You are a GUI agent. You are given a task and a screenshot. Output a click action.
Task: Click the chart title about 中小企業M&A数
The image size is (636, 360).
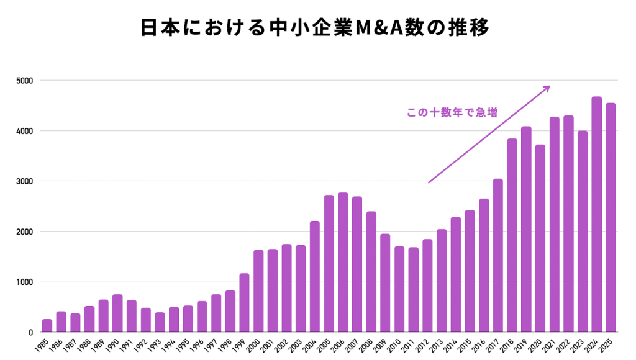(x=317, y=29)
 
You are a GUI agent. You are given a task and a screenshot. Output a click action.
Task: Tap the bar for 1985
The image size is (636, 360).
(x=47, y=326)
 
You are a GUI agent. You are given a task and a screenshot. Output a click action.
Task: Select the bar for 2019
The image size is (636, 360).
(x=526, y=230)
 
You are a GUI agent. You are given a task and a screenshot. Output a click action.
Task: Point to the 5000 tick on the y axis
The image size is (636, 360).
(x=25, y=81)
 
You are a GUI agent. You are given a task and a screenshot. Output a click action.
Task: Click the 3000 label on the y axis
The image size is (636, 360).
(x=25, y=181)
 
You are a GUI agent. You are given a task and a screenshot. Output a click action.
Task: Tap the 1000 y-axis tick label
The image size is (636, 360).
(x=25, y=282)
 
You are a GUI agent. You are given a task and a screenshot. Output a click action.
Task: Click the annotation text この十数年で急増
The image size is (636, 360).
(x=452, y=113)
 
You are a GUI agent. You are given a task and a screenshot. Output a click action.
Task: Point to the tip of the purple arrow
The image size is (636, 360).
(x=550, y=86)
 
